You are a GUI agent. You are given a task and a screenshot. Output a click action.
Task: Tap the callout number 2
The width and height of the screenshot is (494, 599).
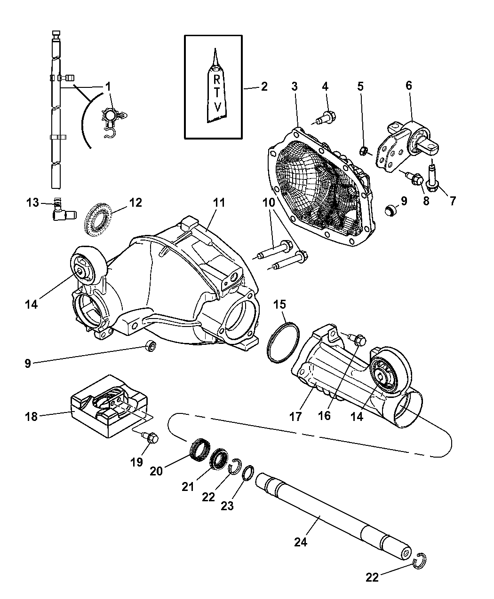[x=264, y=87]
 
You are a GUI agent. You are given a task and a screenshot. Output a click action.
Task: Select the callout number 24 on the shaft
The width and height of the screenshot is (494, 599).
[x=300, y=542]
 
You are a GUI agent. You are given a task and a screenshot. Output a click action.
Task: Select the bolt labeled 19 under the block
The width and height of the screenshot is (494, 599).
[x=151, y=438]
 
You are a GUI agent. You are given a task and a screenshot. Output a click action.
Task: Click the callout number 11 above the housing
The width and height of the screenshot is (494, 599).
[x=218, y=203]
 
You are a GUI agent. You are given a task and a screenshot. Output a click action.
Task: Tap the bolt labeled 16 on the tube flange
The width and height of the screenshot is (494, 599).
[x=359, y=338]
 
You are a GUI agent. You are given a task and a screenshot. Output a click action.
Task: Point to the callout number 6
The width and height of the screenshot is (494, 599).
[x=408, y=86]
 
